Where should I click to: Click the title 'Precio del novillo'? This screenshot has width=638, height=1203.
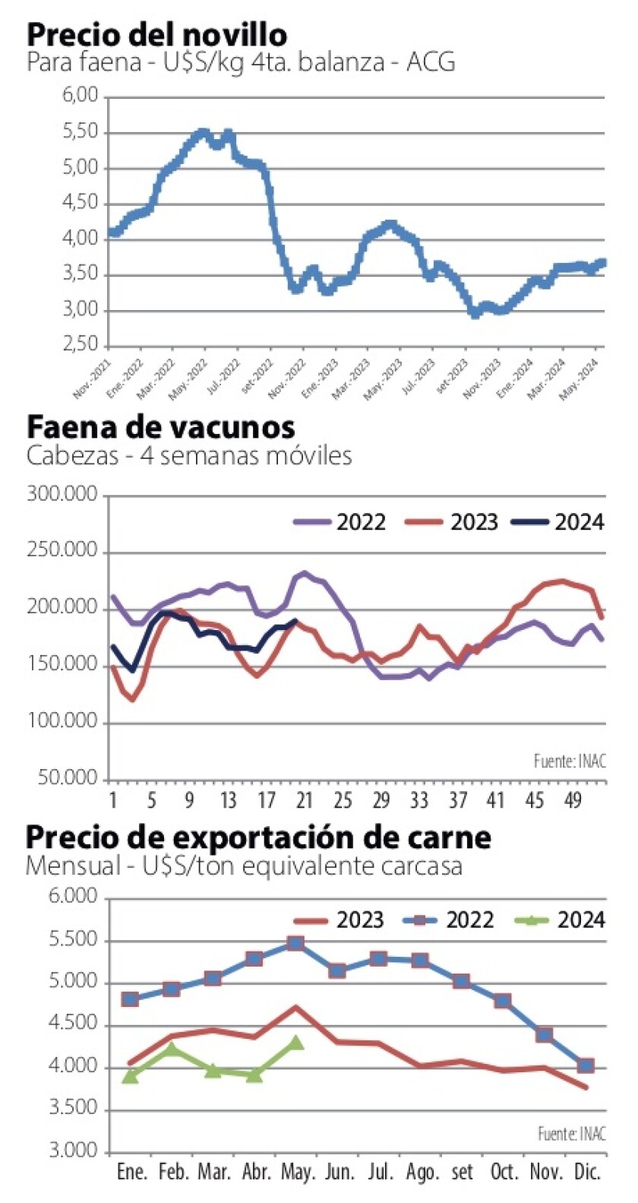(x=157, y=34)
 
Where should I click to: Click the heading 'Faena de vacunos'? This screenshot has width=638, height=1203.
(x=160, y=427)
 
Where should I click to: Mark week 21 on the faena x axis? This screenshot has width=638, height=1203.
(x=304, y=800)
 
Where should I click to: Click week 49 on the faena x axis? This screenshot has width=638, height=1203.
(x=573, y=800)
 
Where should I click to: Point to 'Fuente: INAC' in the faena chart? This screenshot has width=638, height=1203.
(x=570, y=761)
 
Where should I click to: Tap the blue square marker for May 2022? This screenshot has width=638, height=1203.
(x=295, y=943)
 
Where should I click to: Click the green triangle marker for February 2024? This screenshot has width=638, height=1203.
(x=172, y=1049)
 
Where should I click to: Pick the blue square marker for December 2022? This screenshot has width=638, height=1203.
(x=585, y=1065)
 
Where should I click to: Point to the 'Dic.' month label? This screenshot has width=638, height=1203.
(x=587, y=1172)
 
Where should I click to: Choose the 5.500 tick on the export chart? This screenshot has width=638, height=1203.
(x=73, y=940)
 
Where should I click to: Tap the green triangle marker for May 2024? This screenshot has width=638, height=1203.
(x=295, y=1043)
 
